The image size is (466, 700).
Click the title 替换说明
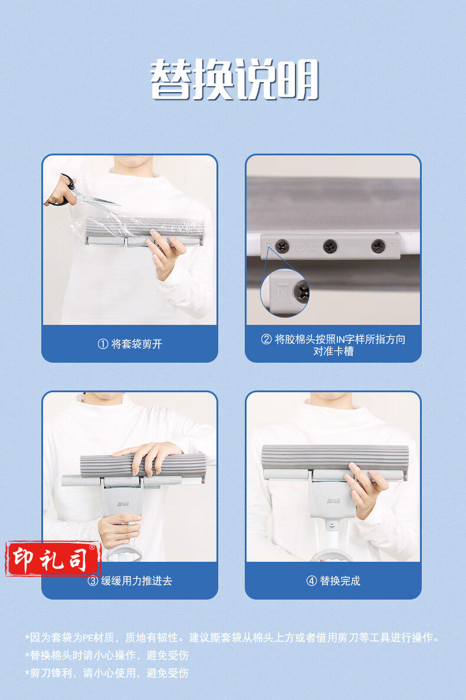234,80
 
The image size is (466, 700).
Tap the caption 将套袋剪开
136,344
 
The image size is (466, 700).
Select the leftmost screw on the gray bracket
282,246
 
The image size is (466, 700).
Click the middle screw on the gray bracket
330,246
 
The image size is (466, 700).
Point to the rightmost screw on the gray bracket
379,246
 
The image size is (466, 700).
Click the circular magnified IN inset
284,292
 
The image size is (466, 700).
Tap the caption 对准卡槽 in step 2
333,351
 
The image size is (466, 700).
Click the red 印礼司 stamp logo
52,559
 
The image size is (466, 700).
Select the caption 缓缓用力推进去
136,581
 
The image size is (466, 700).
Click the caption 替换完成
340,581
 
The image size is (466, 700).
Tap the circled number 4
311,581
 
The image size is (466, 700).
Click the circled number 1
103,344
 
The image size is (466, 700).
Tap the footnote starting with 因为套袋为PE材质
232,637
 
